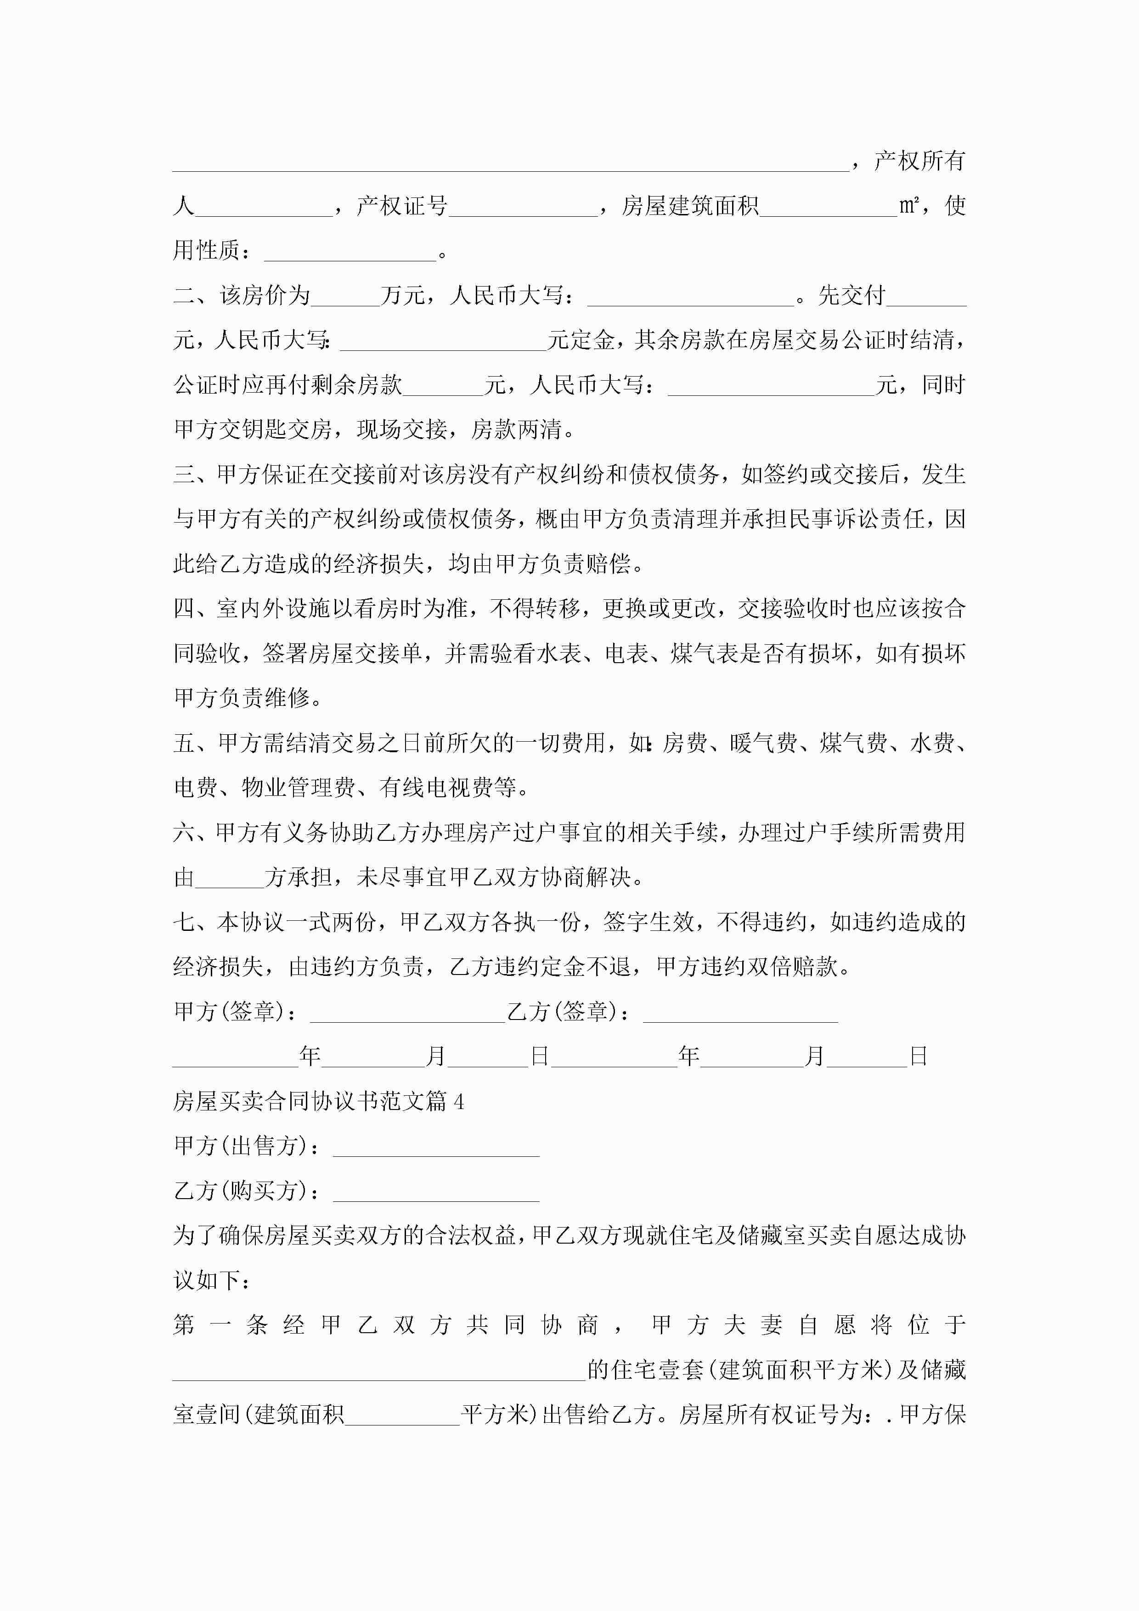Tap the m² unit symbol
(x=909, y=206)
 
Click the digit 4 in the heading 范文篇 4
(x=459, y=1102)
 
